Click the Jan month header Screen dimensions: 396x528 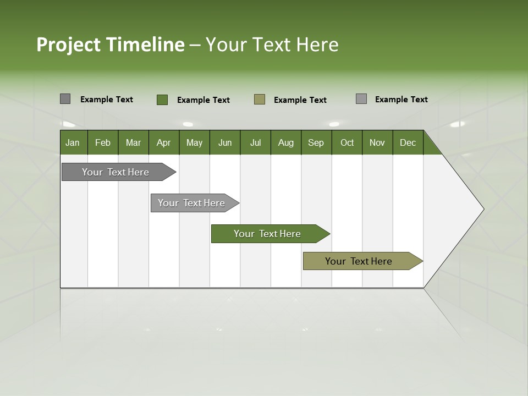(73, 142)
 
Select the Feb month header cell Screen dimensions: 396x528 (103, 142)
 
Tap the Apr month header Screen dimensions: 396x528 (163, 142)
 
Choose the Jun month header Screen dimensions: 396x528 (225, 142)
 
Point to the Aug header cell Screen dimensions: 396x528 (285, 142)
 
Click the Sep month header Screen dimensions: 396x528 (316, 142)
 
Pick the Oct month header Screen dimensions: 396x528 (347, 142)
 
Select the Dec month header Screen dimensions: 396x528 (408, 142)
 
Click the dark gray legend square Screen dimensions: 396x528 (65, 99)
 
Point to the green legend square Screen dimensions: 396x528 (162, 100)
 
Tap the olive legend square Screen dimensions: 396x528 (260, 100)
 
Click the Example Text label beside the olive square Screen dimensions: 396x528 (300, 100)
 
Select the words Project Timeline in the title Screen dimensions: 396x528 (110, 45)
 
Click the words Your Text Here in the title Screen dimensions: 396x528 (272, 45)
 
